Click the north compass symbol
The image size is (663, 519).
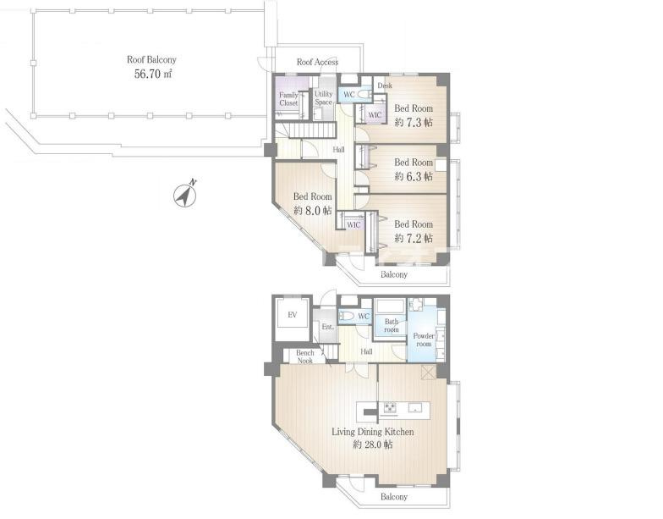pyautogui.click(x=184, y=196)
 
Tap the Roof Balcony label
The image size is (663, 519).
pyautogui.click(x=151, y=59)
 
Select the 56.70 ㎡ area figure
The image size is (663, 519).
pyautogui.click(x=152, y=75)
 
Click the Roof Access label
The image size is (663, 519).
pyautogui.click(x=317, y=63)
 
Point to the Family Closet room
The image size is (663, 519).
pyautogui.click(x=288, y=99)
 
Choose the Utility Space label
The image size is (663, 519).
pyautogui.click(x=323, y=98)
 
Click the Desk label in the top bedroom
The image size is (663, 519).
pyautogui.click(x=385, y=86)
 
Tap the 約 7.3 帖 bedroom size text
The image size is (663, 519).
pyautogui.click(x=414, y=123)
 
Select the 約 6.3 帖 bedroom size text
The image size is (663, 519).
pyautogui.click(x=414, y=176)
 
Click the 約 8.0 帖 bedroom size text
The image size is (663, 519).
pyautogui.click(x=313, y=210)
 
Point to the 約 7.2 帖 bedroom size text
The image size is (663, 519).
pyautogui.click(x=414, y=239)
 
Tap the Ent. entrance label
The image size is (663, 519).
pyautogui.click(x=328, y=327)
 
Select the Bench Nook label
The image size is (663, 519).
pyautogui.click(x=304, y=356)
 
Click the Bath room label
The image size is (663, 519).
pyautogui.click(x=392, y=325)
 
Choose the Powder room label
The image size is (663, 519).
pyautogui.click(x=424, y=340)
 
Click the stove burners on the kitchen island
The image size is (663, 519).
pyautogui.click(x=390, y=408)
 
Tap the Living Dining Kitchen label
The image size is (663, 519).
pyautogui.click(x=372, y=432)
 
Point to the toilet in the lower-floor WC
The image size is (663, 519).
pyautogui.click(x=347, y=316)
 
